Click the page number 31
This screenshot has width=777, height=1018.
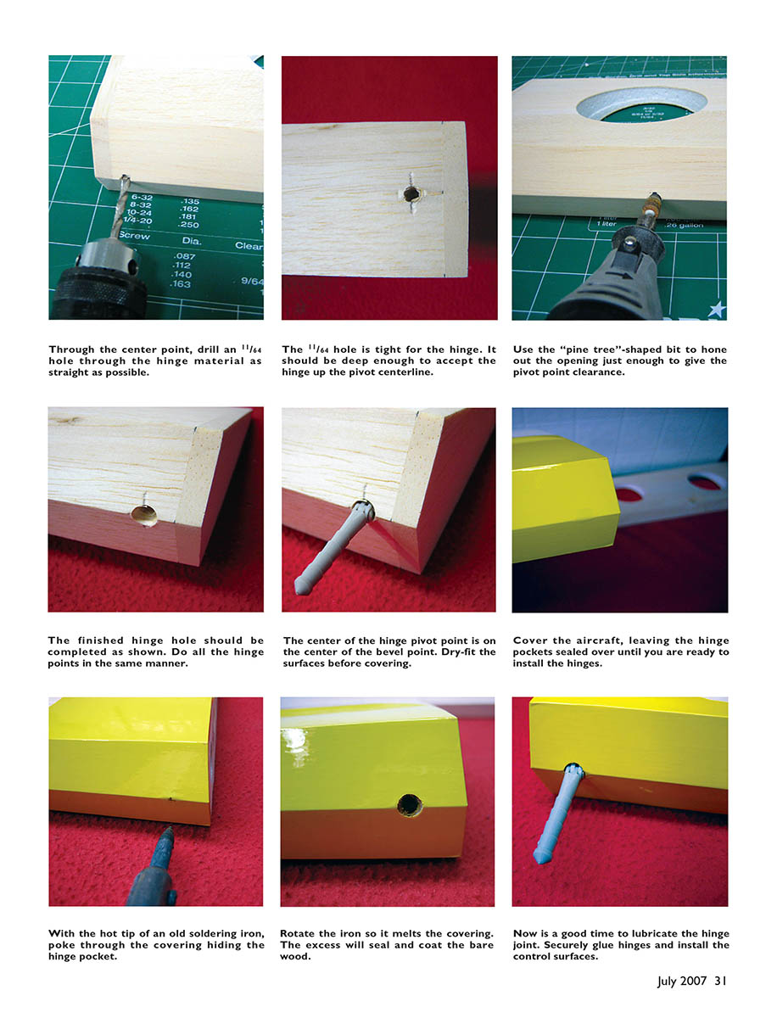720,981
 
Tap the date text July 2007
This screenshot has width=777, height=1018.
681,982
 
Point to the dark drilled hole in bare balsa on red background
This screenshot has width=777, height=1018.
411,194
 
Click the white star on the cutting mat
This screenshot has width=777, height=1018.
717,309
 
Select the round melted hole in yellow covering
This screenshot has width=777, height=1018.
410,805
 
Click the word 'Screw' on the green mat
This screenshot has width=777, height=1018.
134,235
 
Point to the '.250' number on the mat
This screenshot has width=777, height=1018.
189,225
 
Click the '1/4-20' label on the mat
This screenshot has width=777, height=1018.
137,220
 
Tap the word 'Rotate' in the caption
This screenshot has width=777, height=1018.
298,933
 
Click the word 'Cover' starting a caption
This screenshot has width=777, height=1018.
528,640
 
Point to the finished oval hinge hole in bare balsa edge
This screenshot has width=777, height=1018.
144,515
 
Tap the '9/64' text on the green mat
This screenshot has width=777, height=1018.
252,281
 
